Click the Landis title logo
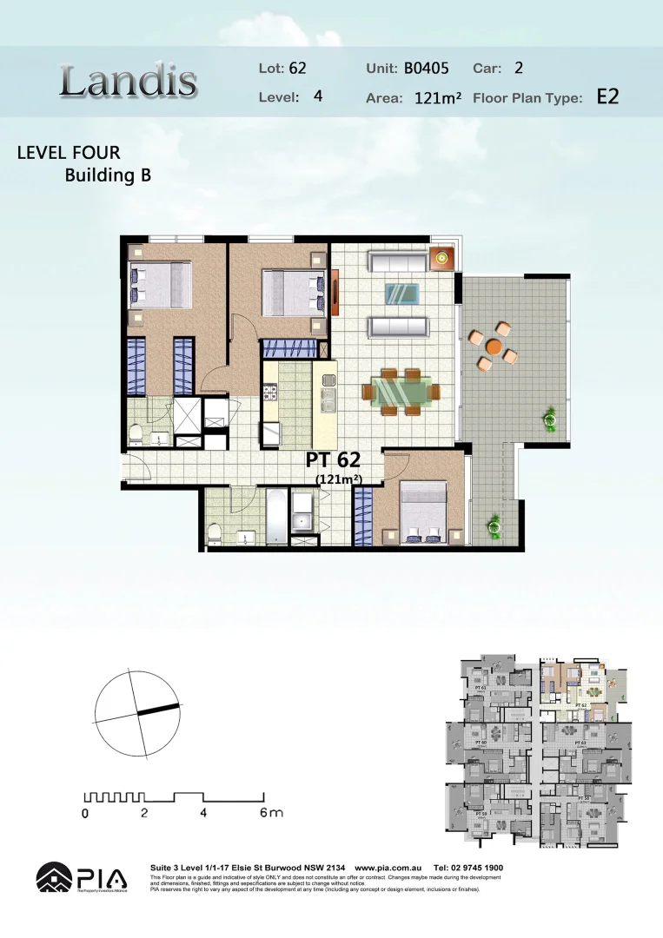(x=129, y=82)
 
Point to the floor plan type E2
(x=607, y=96)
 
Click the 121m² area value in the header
(x=437, y=98)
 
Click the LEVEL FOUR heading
(x=69, y=154)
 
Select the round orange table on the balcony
(x=494, y=346)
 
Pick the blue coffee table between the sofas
(x=401, y=293)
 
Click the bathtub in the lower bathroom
(x=275, y=517)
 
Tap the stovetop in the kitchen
(x=270, y=394)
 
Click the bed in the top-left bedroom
(x=161, y=286)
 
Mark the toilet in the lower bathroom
(x=215, y=533)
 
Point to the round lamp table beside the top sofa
(x=443, y=257)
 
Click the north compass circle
(x=138, y=715)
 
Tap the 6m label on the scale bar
(x=271, y=814)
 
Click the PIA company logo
(x=81, y=877)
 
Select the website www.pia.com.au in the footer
(x=388, y=868)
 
